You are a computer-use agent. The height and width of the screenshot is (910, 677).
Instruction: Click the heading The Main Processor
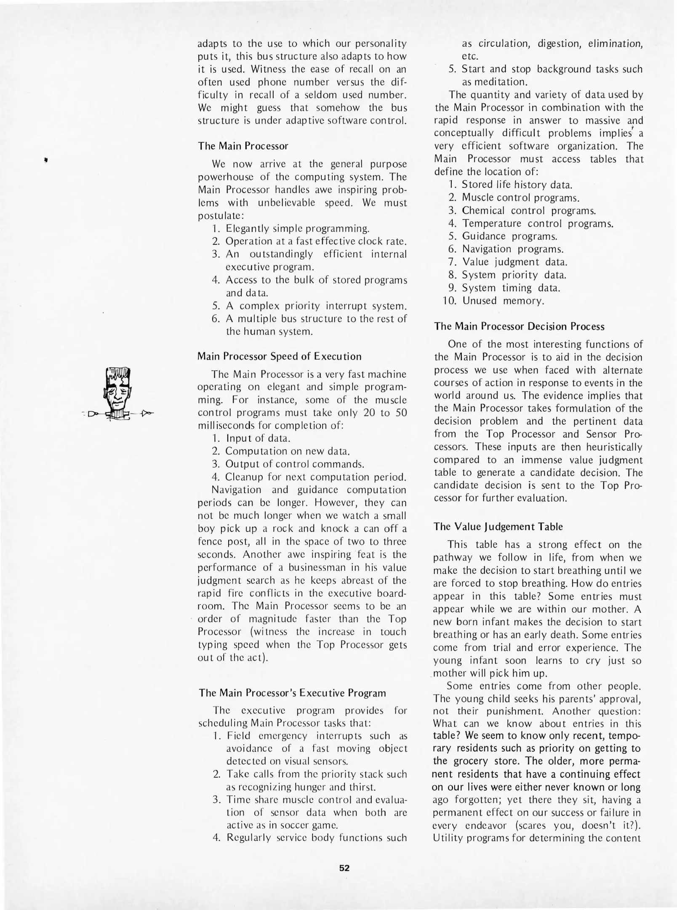tap(243, 146)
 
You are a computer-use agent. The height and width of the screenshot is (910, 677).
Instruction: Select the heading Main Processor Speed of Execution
tap(280, 356)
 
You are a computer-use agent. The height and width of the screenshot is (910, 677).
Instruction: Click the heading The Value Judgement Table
tap(498, 527)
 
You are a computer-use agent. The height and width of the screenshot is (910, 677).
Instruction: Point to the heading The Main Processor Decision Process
tap(519, 327)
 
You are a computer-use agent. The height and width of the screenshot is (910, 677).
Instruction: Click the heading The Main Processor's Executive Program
tap(292, 693)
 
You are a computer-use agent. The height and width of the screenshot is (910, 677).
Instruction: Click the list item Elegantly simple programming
tap(297, 229)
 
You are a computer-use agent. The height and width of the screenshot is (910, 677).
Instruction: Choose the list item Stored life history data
tap(517, 185)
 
